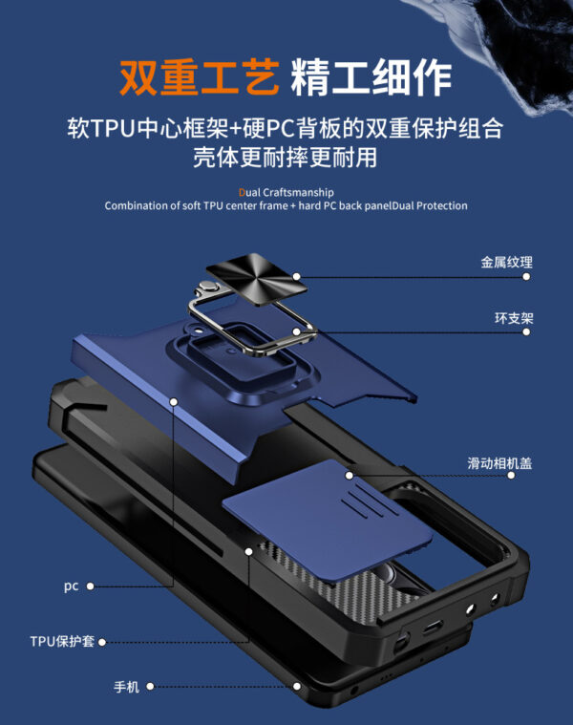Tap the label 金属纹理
tap(507, 263)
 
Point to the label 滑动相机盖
tap(499, 463)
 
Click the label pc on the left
tap(72, 586)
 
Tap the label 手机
tap(127, 687)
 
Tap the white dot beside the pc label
tap(91, 586)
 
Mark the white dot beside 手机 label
tap(151, 687)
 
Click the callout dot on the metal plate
tap(297, 276)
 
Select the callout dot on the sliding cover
tap(350, 475)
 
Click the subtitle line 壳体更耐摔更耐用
tap(286, 158)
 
